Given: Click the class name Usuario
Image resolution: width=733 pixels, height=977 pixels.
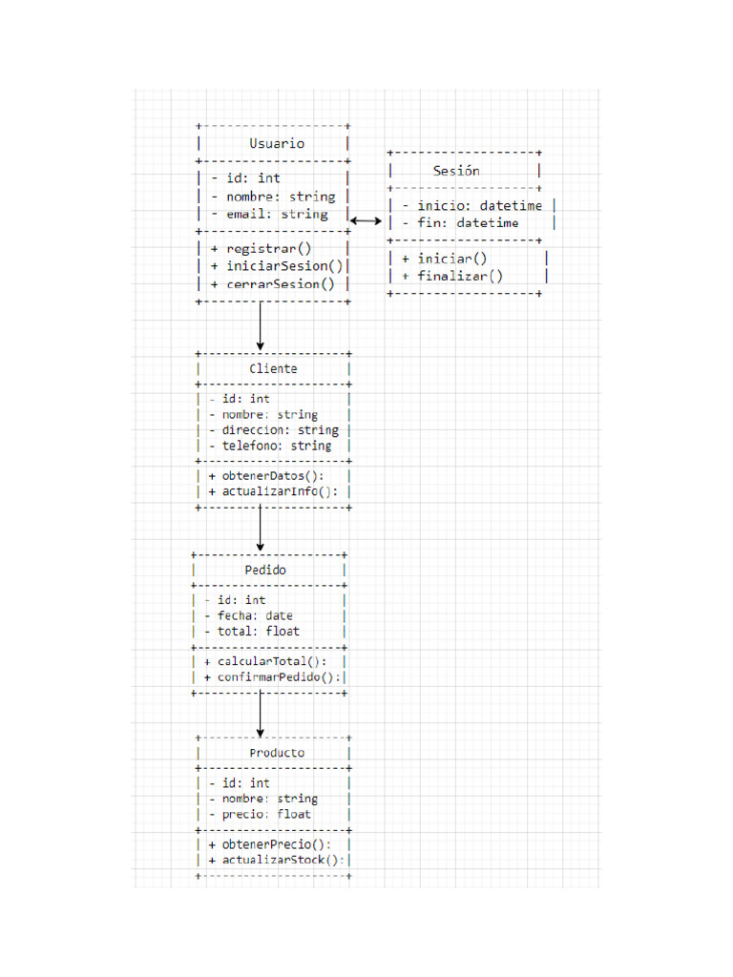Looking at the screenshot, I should [x=277, y=143].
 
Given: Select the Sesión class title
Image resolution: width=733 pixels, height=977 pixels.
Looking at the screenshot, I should [x=456, y=171].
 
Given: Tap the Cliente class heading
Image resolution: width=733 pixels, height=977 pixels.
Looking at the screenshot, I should [x=273, y=368].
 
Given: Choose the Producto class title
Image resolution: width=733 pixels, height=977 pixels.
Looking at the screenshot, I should [x=277, y=752].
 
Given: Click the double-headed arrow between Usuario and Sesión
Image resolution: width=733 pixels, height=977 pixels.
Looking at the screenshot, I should [x=366, y=220].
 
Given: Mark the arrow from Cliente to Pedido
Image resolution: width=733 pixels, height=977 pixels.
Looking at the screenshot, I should [x=260, y=528].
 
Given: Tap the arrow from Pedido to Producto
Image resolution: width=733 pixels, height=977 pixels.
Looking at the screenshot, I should [x=260, y=714].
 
